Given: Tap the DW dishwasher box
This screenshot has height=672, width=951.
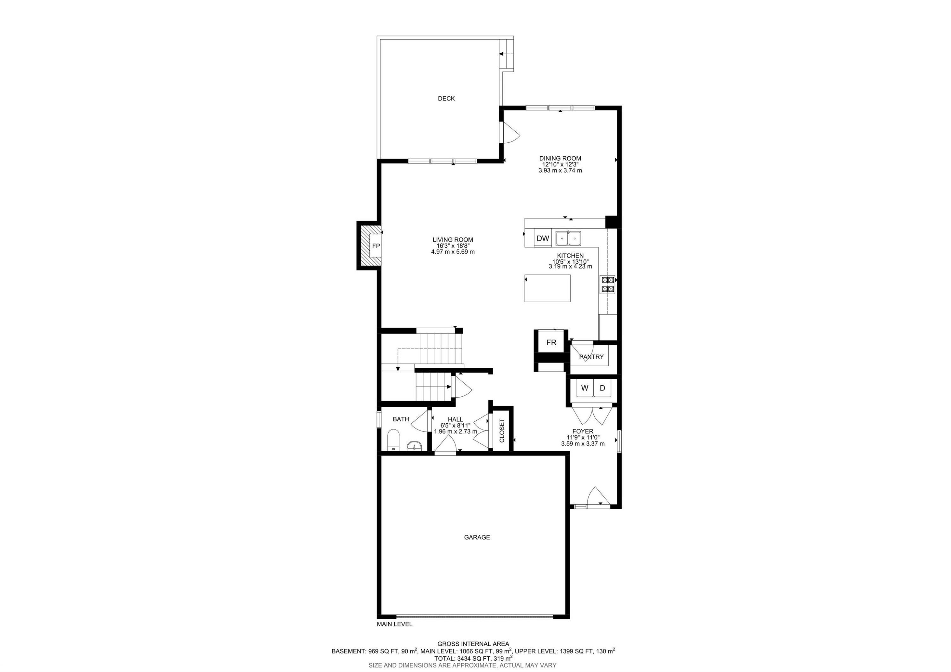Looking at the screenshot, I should (543, 238).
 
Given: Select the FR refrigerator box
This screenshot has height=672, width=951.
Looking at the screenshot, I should (551, 343).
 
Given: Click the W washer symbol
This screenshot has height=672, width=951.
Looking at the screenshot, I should (585, 388).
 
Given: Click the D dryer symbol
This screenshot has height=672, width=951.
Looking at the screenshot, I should (602, 388).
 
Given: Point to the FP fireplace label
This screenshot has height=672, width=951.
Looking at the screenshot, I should (376, 246).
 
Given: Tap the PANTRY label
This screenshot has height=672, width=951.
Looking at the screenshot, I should (591, 357).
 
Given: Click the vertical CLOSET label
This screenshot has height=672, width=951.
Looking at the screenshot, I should (501, 430).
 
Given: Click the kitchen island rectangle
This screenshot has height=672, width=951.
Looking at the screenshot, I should (547, 288).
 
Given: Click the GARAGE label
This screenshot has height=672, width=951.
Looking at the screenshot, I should (477, 537).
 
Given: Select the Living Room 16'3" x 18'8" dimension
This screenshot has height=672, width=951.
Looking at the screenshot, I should (452, 246).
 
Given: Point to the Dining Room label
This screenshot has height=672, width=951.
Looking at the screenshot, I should (560, 158).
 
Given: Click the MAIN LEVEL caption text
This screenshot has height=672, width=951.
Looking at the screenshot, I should (394, 636).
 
